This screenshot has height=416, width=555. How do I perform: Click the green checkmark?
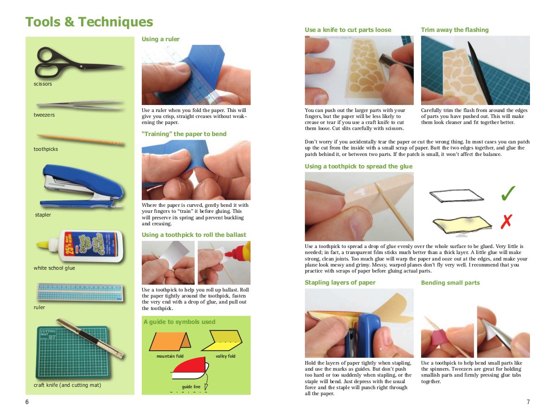point(508,194)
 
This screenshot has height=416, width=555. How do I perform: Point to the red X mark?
point(506,222)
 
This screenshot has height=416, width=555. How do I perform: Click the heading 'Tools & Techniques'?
point(89,22)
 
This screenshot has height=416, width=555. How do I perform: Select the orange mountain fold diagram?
point(170,342)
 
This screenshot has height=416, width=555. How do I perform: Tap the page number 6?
point(27,402)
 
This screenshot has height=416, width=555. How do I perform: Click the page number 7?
point(528,402)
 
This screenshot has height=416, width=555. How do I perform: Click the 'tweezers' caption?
point(44,115)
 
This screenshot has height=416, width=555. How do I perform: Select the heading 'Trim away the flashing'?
point(454,30)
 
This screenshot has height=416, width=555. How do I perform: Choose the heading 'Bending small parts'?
point(450,283)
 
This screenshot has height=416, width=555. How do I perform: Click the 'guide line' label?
point(191,386)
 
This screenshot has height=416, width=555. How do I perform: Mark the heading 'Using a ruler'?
point(160,39)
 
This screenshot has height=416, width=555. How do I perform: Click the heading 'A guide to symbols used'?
point(179,322)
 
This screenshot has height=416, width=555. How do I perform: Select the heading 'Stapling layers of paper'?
point(340,283)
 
